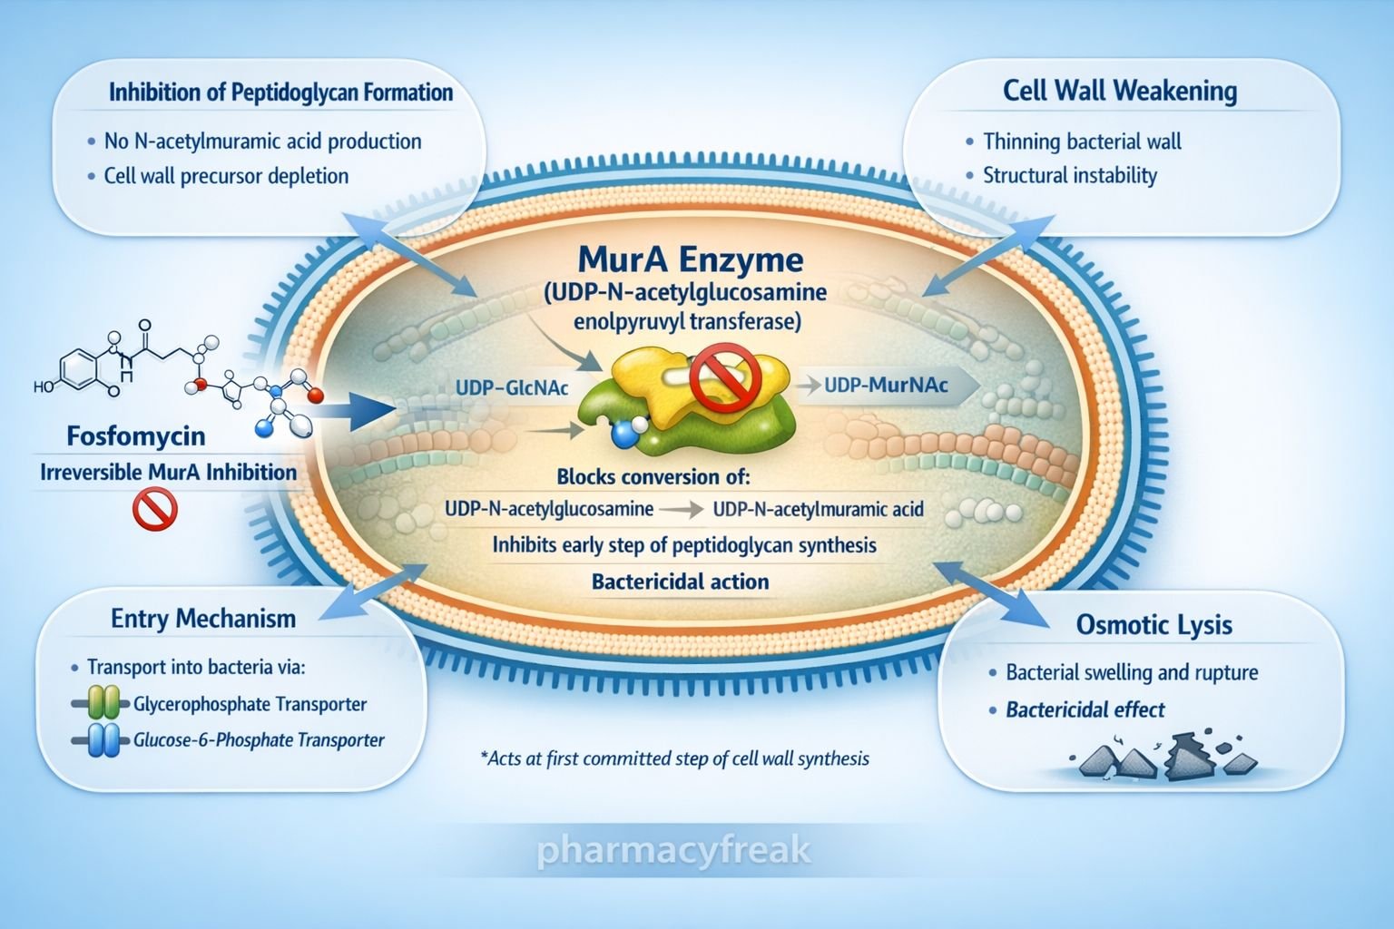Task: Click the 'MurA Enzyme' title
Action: (690, 260)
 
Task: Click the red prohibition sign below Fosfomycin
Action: (155, 509)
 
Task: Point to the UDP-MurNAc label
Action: (886, 386)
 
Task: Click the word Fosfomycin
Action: (136, 436)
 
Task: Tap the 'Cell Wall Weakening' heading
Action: (1120, 91)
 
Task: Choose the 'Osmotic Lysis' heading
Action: (1153, 624)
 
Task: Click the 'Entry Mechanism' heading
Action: (203, 619)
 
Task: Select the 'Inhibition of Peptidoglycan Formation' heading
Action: (280, 93)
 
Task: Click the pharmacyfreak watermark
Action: (672, 852)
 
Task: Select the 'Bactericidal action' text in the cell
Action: (680, 582)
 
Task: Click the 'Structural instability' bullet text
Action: (1070, 175)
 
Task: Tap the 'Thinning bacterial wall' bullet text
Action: (1082, 142)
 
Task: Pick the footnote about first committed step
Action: (673, 758)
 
